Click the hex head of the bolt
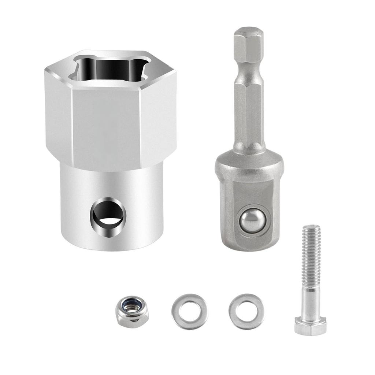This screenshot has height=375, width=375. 310,326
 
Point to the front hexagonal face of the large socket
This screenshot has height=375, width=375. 106,125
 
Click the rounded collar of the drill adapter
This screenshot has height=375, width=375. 249,163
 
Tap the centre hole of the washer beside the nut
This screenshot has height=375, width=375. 189,311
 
